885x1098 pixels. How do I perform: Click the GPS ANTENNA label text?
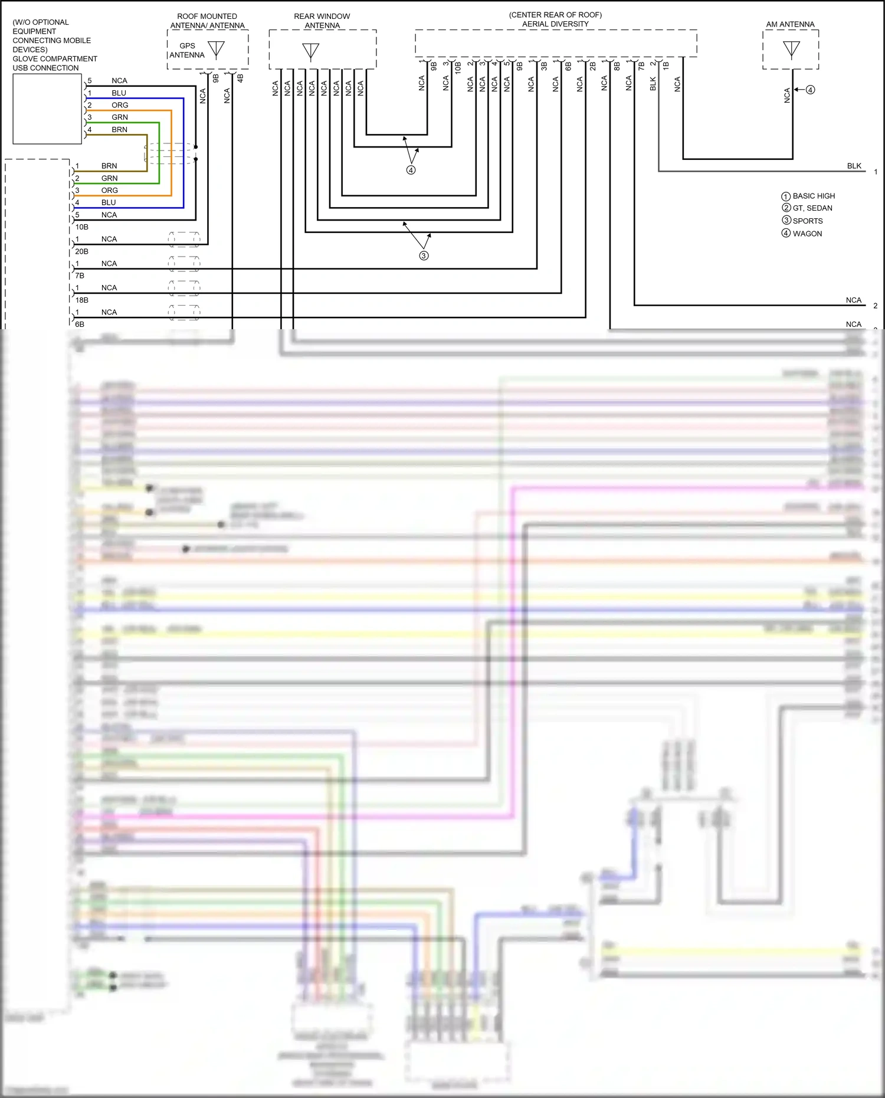[x=187, y=50]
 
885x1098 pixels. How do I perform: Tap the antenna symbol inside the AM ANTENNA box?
[x=791, y=49]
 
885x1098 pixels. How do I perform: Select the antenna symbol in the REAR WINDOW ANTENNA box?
[x=310, y=51]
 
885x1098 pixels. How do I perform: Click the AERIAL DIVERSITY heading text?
[x=555, y=24]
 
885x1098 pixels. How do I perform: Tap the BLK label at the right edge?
[x=854, y=166]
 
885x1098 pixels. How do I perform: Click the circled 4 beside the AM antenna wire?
[x=810, y=90]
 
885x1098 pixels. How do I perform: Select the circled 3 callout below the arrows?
[x=424, y=255]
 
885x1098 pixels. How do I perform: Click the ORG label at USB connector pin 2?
[x=120, y=105]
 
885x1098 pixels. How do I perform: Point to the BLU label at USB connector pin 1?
[x=119, y=93]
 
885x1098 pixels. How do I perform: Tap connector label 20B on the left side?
[x=81, y=251]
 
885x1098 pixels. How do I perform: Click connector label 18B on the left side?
[x=81, y=300]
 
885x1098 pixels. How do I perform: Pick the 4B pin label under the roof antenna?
[x=240, y=77]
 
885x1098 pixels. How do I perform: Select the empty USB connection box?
[x=47, y=109]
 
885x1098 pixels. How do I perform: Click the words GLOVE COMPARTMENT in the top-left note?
[x=55, y=58]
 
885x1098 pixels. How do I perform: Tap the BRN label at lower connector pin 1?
[x=109, y=166]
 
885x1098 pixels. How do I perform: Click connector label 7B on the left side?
[x=80, y=276]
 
